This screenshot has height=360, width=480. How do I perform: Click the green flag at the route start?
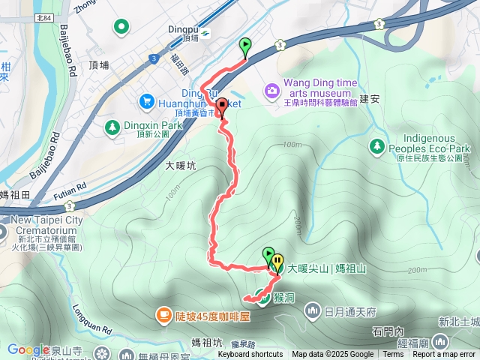(x=245, y=47)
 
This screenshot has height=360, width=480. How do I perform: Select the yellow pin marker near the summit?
(x=278, y=264)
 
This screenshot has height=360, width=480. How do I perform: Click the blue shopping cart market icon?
(x=146, y=100)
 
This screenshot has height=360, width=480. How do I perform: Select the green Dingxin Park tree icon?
(x=112, y=127)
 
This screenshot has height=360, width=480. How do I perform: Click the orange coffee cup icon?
(x=162, y=316)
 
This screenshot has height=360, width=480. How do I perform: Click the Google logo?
(x=28, y=349)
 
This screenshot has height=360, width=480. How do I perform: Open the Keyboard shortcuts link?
(x=250, y=355)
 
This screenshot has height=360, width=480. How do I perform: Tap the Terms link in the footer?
(x=393, y=355)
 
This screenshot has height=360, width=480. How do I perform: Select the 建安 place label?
(x=370, y=98)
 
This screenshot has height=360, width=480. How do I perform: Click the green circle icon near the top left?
(x=121, y=28)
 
